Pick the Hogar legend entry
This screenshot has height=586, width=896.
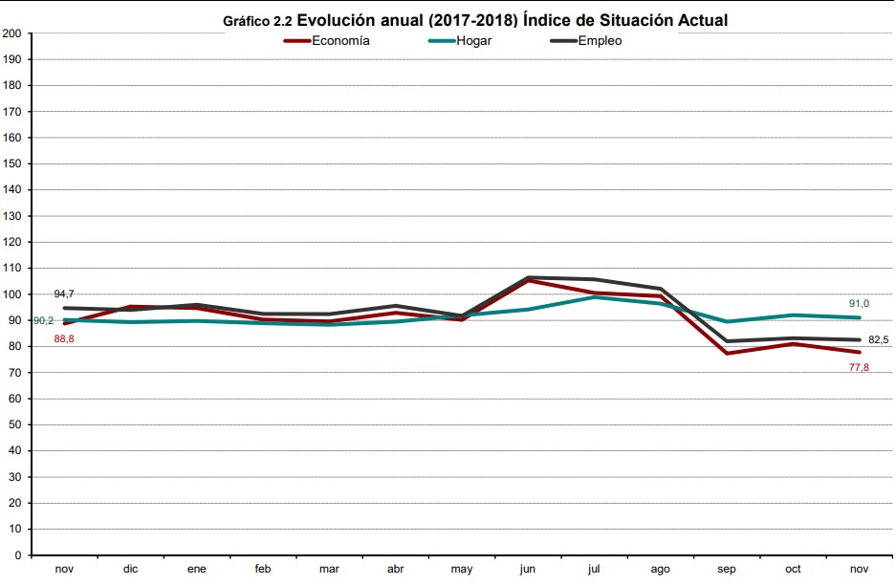coord(472,41)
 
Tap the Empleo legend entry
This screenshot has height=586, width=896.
coord(600,41)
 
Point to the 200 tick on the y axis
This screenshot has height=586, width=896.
coord(12,33)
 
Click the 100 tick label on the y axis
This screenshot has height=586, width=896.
coord(12,294)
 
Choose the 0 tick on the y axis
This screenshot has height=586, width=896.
coord(18,555)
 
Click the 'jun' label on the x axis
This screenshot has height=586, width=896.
coord(527,570)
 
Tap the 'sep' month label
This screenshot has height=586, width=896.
coord(727,570)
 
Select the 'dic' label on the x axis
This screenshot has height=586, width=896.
coord(130,570)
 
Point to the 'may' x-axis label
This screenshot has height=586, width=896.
coord(461,570)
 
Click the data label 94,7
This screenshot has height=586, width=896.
coord(65,293)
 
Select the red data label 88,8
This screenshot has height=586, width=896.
coord(65,338)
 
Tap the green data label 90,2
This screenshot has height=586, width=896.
coord(43,321)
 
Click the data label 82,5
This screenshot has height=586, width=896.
coord(879,339)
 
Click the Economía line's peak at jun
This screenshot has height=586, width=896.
coord(528,280)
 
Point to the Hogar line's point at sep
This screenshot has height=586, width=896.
coord(727,321)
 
